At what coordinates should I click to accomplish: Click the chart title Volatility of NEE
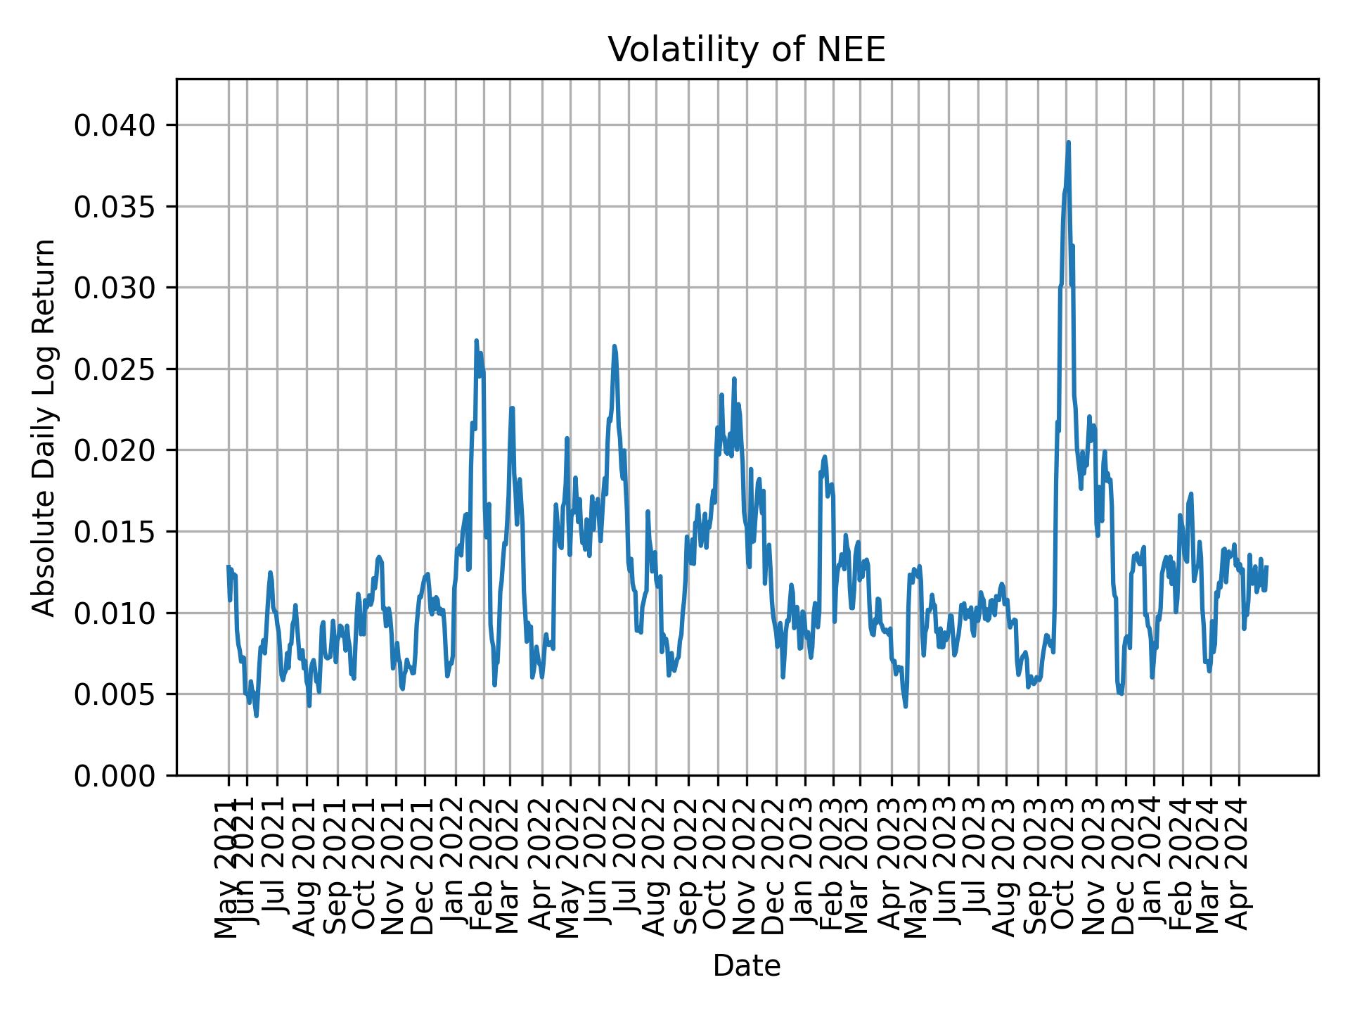point(746,51)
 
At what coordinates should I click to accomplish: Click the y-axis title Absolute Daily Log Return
point(45,427)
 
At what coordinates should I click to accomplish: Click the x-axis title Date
point(746,966)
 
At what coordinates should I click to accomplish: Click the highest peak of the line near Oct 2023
point(1068,142)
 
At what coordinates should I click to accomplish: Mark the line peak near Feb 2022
point(476,340)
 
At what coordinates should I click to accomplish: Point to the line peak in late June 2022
point(614,346)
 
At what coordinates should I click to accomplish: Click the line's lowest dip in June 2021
point(257,716)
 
